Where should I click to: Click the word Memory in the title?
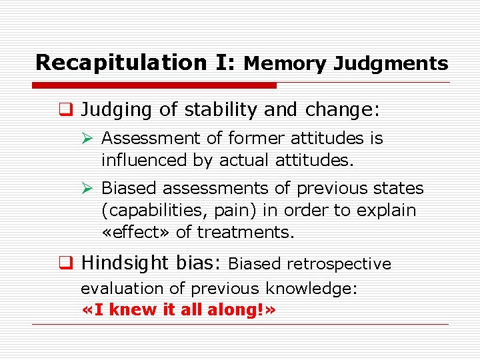coord(285,63)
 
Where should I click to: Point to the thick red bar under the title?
coord(154,85)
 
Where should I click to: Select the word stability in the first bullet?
coord(219,109)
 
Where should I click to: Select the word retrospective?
coord(339,264)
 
